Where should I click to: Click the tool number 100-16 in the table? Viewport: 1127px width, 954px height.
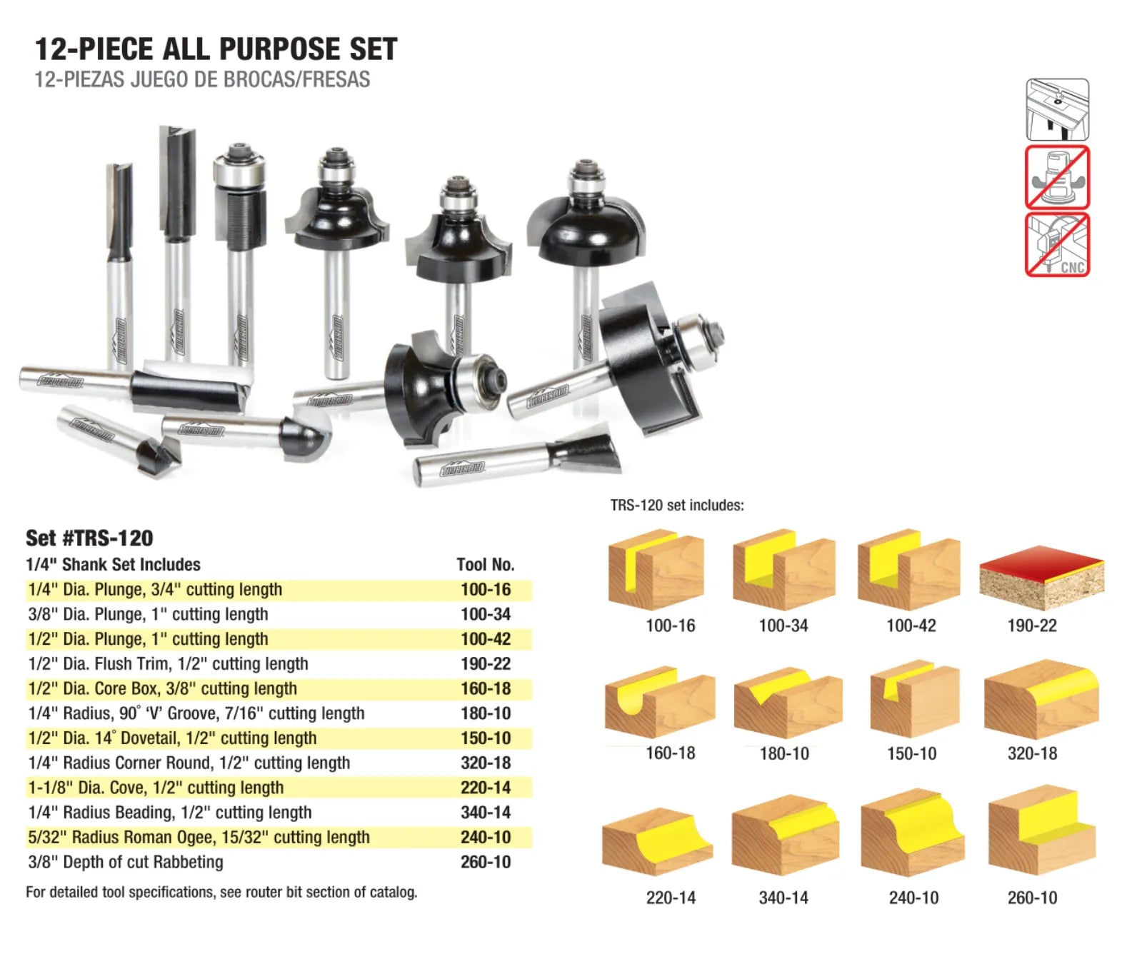485,589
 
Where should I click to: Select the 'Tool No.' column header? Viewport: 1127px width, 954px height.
485,564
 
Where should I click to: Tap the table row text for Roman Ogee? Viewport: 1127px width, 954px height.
199,837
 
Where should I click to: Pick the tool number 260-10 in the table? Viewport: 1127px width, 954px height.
485,862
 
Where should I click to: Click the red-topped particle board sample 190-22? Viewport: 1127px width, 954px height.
1042,577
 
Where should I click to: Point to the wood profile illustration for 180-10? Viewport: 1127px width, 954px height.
788,703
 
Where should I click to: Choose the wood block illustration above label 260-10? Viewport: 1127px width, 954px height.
1042,829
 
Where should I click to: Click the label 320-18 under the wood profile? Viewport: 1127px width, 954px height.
1032,753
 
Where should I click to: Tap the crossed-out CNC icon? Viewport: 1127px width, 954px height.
1057,245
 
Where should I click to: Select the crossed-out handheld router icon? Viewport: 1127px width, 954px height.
1057,177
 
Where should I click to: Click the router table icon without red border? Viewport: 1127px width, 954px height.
1057,109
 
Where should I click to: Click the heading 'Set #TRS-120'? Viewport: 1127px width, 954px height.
89,538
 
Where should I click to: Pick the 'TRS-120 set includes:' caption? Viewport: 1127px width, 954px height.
676,506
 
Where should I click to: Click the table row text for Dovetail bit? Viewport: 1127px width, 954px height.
172,738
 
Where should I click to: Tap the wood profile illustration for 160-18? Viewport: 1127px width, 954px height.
660,703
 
